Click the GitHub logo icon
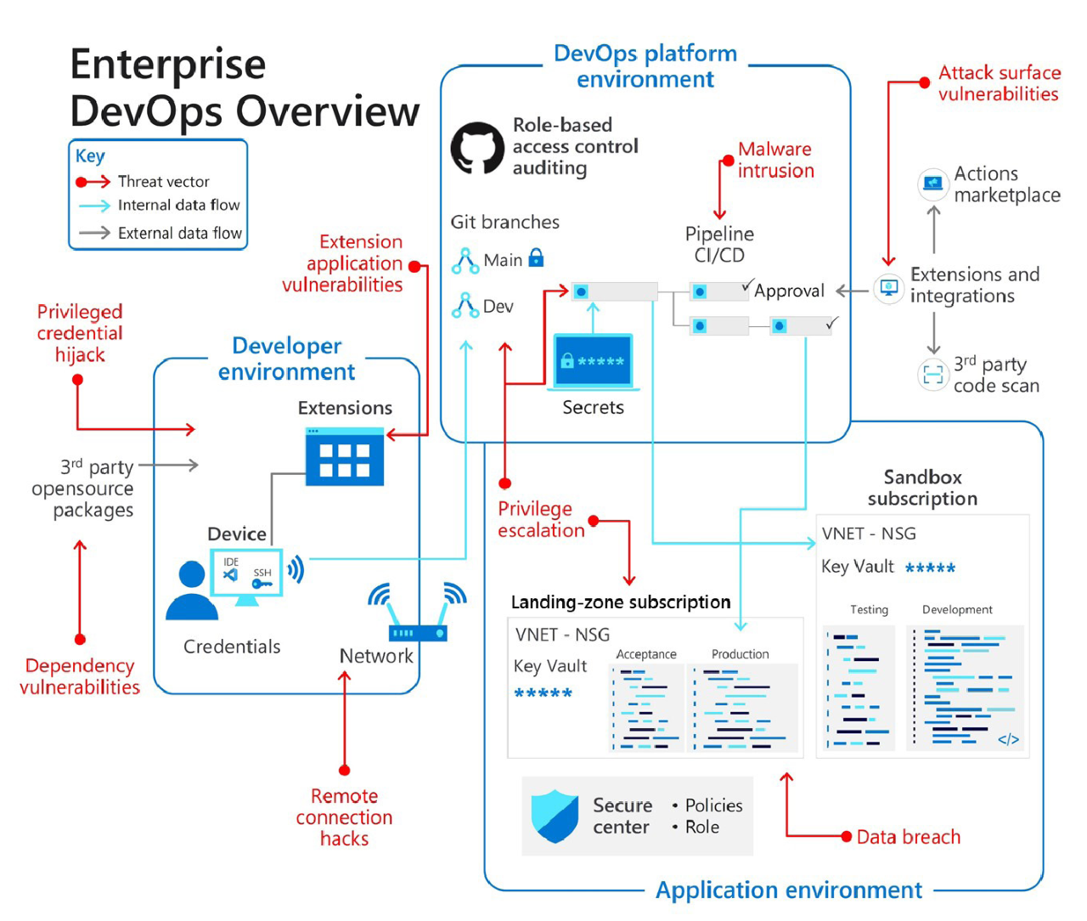(x=477, y=148)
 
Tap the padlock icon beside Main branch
(x=536, y=257)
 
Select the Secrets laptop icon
(x=594, y=362)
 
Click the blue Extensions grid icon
(x=345, y=457)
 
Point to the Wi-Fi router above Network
(x=418, y=613)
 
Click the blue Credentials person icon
(x=192, y=590)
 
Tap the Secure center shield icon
(x=555, y=816)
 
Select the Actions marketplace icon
(x=933, y=184)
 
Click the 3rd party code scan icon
(x=933, y=375)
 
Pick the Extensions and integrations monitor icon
(x=889, y=288)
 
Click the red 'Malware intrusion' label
(x=775, y=160)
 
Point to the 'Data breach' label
(x=908, y=837)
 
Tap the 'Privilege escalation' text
(x=541, y=519)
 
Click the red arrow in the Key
(x=93, y=182)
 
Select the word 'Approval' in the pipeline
(x=789, y=291)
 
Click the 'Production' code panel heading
(x=740, y=654)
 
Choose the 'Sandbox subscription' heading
(x=922, y=488)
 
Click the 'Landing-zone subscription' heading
(x=620, y=602)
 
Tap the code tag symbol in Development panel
(x=1008, y=739)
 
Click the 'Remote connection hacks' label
(x=344, y=817)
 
